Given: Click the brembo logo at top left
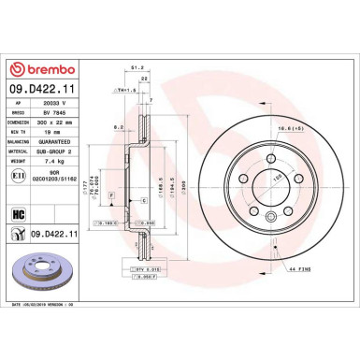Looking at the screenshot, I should (38, 69).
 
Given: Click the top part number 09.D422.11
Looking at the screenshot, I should (42, 89).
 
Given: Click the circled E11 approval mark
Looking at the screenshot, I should (19, 176).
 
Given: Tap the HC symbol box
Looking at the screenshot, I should (19, 214).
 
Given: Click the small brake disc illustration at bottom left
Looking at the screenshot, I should (40, 268).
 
